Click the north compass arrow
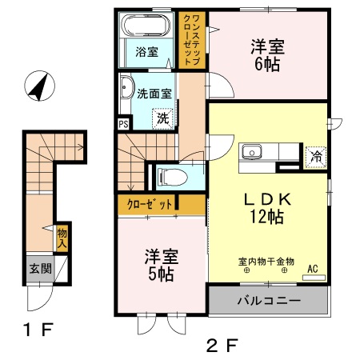click(x=36, y=86)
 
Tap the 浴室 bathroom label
click(x=146, y=53)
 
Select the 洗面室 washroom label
click(x=154, y=93)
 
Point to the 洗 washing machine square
click(x=162, y=118)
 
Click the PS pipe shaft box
click(x=122, y=124)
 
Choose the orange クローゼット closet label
click(x=150, y=205)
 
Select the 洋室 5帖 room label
click(x=161, y=266)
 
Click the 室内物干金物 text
click(x=266, y=261)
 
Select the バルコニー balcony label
click(x=268, y=302)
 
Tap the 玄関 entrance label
click(x=42, y=269)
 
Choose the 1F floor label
click(x=34, y=328)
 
